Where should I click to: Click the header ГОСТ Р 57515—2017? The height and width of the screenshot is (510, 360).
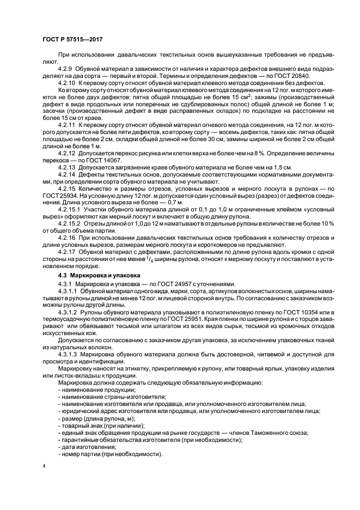[x=72, y=40]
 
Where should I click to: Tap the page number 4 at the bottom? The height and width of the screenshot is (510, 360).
[x=44, y=466]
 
